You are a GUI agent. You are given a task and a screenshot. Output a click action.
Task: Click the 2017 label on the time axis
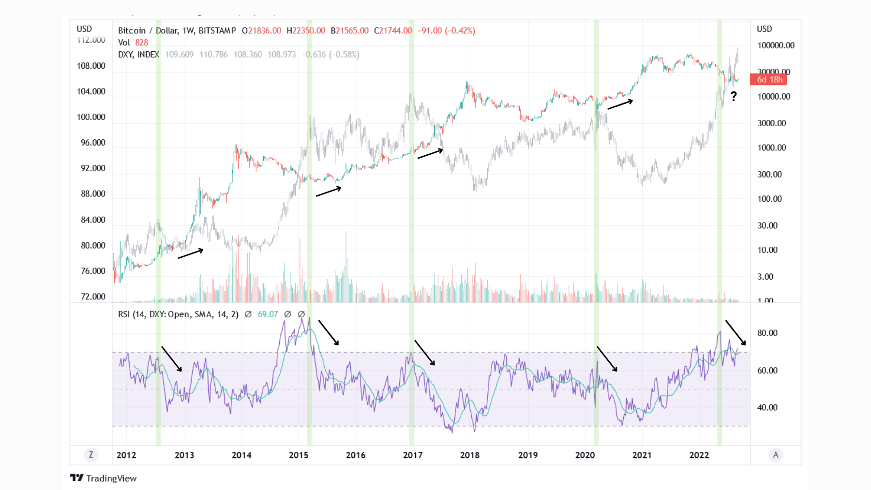click(x=413, y=455)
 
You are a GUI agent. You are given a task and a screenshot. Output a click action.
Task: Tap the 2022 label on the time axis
click(x=699, y=455)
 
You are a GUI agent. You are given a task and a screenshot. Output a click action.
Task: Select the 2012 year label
click(x=126, y=455)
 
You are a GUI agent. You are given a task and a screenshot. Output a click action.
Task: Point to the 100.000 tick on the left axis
click(x=91, y=117)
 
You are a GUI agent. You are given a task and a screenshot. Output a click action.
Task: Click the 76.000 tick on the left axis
click(x=93, y=271)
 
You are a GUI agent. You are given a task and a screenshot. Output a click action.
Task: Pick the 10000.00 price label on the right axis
click(x=774, y=97)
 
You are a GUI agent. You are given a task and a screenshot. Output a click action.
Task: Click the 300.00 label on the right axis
click(x=769, y=175)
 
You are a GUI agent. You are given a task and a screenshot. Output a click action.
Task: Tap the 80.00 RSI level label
click(x=767, y=333)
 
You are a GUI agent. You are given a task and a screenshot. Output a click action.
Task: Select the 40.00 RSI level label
click(x=767, y=408)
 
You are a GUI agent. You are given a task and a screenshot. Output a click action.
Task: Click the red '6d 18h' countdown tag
click(x=769, y=79)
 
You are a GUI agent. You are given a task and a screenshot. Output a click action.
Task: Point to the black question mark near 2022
click(x=734, y=96)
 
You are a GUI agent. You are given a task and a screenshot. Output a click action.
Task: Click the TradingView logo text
click(x=111, y=478)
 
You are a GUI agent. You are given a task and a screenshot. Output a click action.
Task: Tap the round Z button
click(x=91, y=455)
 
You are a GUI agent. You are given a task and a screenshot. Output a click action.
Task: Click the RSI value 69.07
click(x=268, y=314)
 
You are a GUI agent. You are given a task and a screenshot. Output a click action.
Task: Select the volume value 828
click(x=141, y=43)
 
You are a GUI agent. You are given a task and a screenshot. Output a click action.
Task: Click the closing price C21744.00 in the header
click(x=392, y=30)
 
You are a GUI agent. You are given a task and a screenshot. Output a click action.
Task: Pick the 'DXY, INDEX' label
click(x=138, y=55)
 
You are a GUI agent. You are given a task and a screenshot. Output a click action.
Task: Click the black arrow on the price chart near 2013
click(x=191, y=253)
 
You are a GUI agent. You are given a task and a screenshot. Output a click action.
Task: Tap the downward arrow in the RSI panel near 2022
click(x=736, y=332)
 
